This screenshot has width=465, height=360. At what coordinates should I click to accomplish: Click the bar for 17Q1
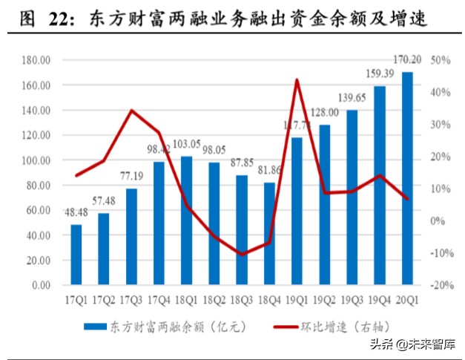pos(76,254)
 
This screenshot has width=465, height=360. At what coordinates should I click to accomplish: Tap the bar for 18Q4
pos(269,233)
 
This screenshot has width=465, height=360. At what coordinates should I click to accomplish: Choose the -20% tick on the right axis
pos(438,285)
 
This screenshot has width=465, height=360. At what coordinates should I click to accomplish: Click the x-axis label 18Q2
pos(214,301)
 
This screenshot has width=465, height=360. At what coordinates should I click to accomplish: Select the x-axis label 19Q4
pos(379,301)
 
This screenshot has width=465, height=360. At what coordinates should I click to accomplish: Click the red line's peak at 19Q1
pos(297,79)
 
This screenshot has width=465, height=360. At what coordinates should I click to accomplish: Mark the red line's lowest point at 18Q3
pos(242,255)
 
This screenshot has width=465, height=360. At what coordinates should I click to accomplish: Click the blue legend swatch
pos(94,326)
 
